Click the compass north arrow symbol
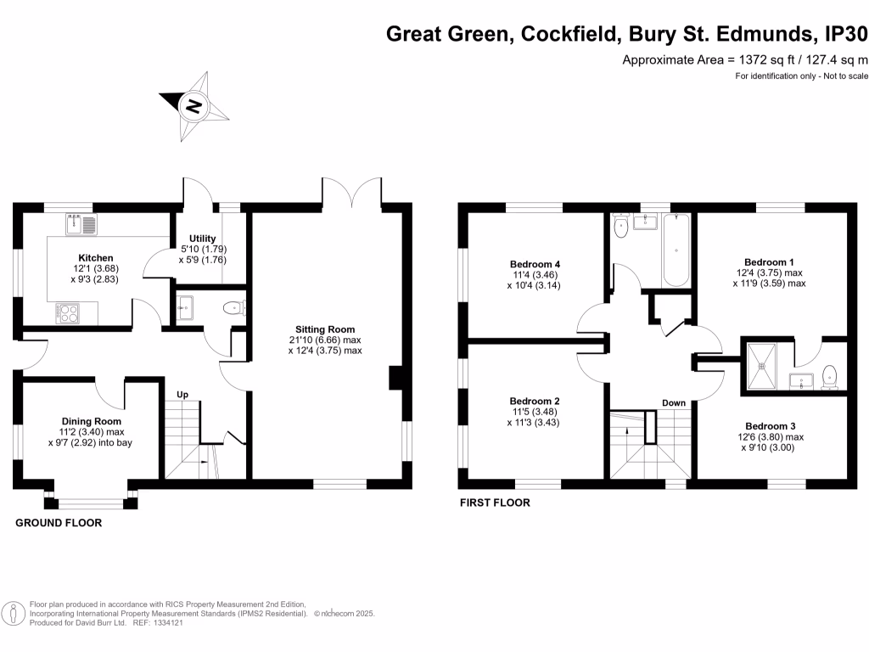(x=194, y=106)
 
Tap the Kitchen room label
(x=96, y=258)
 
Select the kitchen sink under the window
(x=81, y=225)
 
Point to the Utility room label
(x=203, y=239)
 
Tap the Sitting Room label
(x=325, y=329)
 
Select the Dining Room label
(x=91, y=421)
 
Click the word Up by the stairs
(x=182, y=395)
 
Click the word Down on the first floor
(x=674, y=403)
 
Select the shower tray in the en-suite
(x=766, y=366)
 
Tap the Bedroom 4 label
(x=535, y=264)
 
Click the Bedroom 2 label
(x=535, y=401)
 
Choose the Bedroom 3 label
(x=771, y=426)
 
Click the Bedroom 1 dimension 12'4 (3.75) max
(x=770, y=273)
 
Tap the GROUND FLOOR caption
(x=59, y=523)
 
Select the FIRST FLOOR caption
(x=495, y=503)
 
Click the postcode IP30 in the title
(x=846, y=35)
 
